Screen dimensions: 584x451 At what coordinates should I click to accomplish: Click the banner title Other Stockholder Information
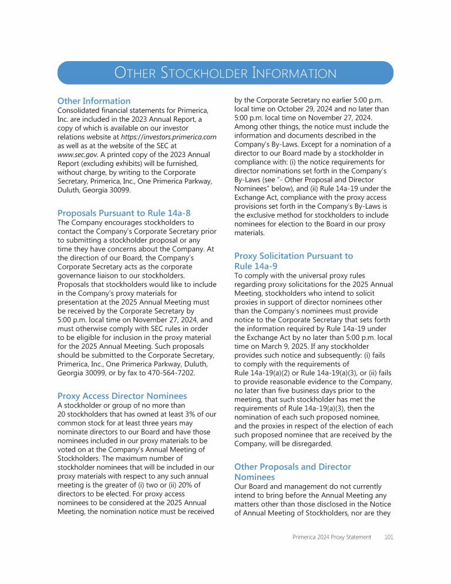coord(225,74)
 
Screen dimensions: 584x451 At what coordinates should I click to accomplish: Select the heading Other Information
coord(94,101)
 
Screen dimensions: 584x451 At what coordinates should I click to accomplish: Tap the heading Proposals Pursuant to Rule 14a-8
coord(124,213)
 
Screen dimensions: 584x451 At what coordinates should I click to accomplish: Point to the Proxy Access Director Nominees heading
coord(122,396)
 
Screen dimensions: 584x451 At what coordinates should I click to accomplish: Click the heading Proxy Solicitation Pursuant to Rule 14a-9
coord(294,261)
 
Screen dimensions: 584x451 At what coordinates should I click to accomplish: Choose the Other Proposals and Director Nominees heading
coord(292,472)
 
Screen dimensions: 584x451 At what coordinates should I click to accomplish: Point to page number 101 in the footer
coord(388,537)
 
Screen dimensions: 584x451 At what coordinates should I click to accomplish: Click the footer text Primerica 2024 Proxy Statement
coord(332,537)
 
